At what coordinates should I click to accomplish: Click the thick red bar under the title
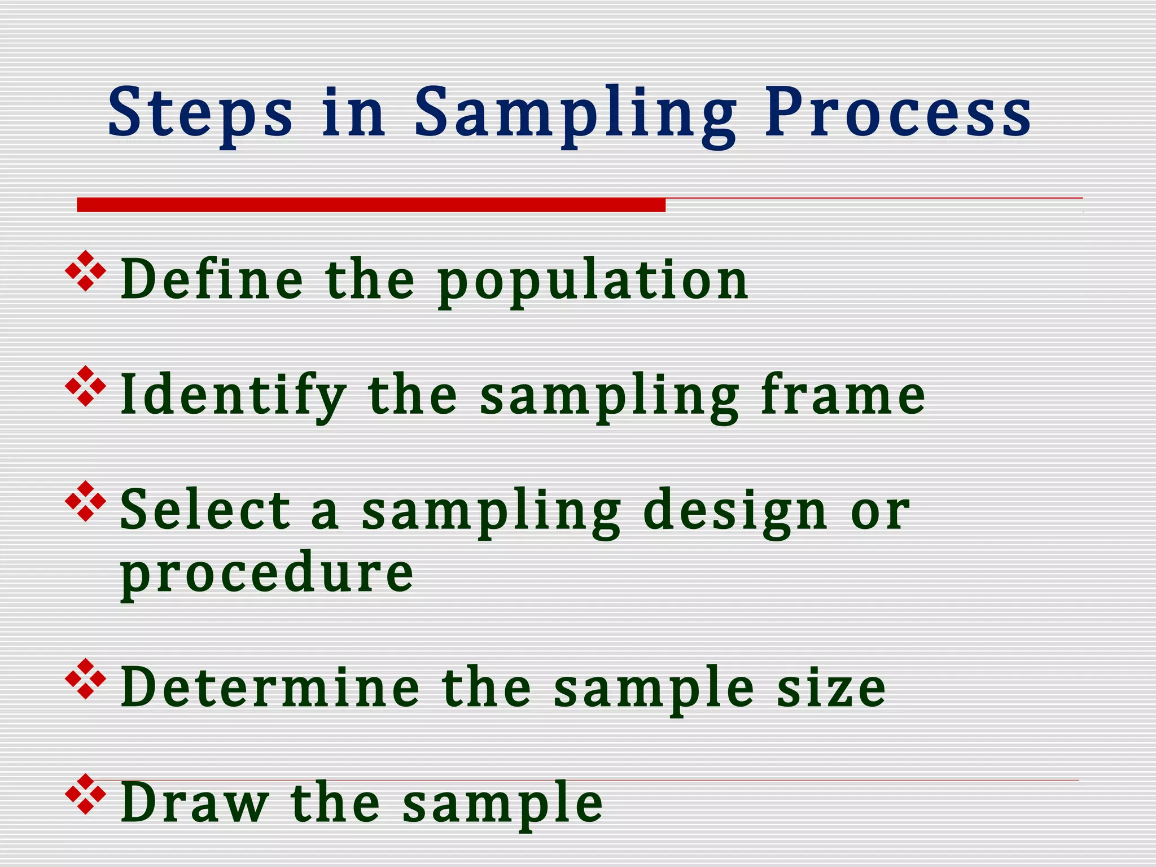coord(371,204)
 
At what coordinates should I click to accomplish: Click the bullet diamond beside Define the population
coord(86,272)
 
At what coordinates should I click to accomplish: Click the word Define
coord(212,279)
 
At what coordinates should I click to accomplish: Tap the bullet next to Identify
coord(86,387)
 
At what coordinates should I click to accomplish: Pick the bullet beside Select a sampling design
coord(86,501)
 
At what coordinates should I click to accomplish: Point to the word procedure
coord(267,573)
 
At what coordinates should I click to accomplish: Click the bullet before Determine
coord(86,679)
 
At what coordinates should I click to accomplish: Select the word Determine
coord(270,688)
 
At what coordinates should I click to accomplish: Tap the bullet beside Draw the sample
coord(86,795)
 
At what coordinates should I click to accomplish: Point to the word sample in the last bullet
coord(502,804)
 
